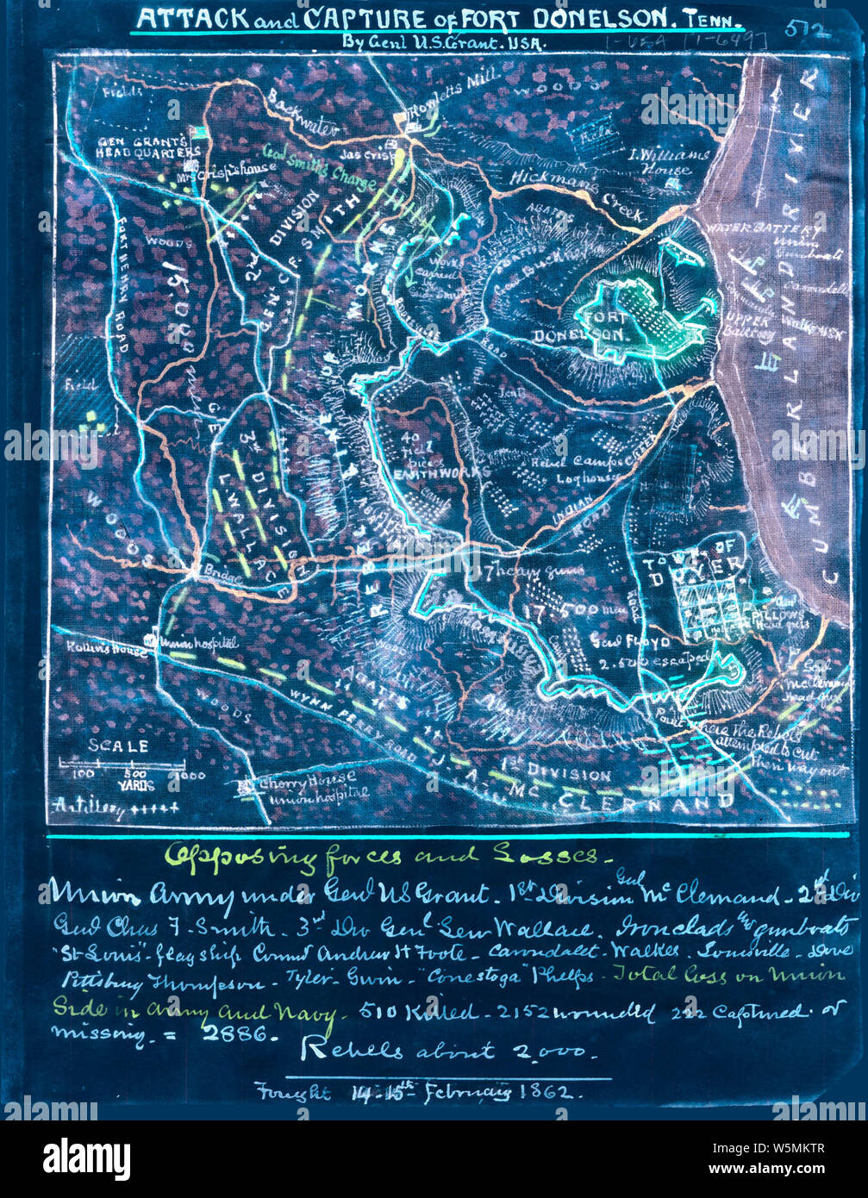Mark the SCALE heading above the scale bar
[118, 746]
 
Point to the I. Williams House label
[670, 162]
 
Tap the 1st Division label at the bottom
[569, 774]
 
